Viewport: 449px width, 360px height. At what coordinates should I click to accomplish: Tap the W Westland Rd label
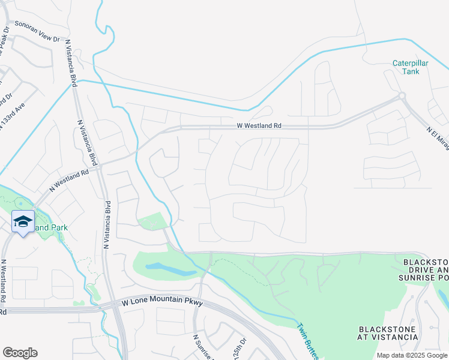click(x=259, y=126)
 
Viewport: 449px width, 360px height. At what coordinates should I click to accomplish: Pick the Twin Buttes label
click(x=306, y=341)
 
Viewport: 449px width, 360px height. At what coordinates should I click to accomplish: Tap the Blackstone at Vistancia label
click(x=388, y=333)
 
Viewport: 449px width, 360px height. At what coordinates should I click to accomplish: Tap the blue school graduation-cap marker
click(x=23, y=222)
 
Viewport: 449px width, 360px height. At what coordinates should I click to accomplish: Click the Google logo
click(x=20, y=353)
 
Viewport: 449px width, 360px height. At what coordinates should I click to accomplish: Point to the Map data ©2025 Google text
click(x=411, y=355)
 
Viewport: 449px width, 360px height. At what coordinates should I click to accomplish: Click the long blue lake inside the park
click(x=172, y=269)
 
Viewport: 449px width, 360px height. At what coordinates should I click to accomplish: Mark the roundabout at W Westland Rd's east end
click(x=402, y=96)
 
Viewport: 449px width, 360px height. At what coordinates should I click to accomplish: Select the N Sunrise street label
click(x=203, y=348)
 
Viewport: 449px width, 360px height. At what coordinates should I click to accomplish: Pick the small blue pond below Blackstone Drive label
click(x=443, y=295)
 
